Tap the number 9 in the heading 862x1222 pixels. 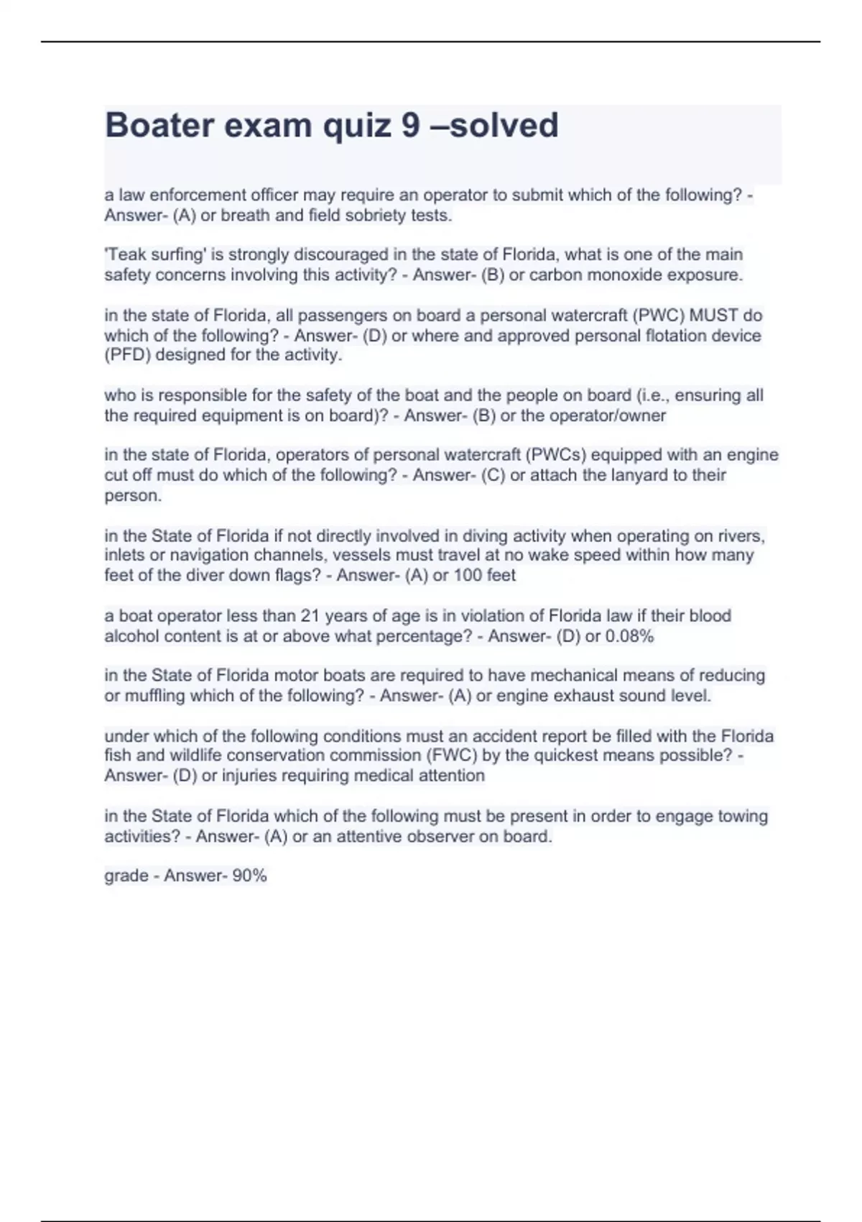point(410,125)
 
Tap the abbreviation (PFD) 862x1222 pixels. point(127,354)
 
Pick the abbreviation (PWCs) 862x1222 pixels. point(557,454)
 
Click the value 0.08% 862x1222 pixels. point(629,635)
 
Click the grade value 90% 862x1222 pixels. point(250,876)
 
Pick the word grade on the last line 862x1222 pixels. point(126,876)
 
